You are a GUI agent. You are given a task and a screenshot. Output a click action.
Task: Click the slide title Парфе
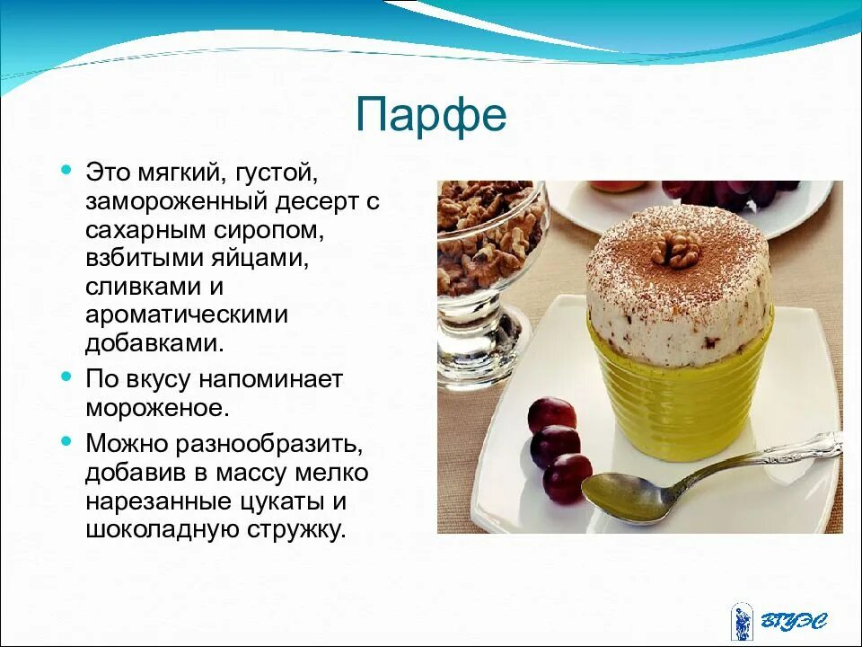(x=431, y=115)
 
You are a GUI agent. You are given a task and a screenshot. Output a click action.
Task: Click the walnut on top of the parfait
(x=674, y=249)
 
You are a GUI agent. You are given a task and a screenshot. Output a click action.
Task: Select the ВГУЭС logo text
(x=794, y=621)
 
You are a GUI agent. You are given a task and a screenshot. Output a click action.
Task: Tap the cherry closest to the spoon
(x=567, y=477)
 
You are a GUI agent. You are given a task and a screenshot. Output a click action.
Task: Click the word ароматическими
(x=187, y=315)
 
